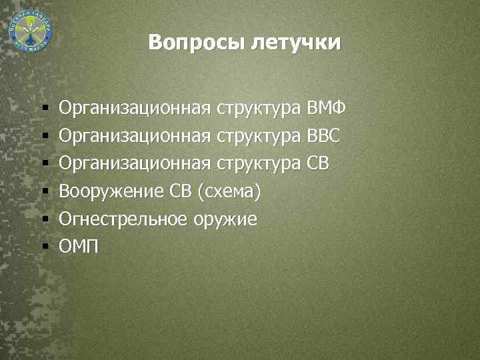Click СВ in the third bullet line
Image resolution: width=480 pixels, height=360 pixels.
[318, 163]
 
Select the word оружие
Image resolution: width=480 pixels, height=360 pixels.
[227, 219]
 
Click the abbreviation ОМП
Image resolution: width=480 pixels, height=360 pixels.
[78, 247]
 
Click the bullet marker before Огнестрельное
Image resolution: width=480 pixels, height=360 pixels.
[45, 220]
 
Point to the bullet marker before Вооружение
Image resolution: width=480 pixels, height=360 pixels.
[45, 192]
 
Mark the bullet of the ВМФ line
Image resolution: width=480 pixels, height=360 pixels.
[45, 108]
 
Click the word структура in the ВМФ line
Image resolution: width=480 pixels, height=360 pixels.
[260, 107]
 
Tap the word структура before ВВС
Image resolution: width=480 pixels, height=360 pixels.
[260, 135]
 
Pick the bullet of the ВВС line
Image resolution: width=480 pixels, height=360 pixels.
[45, 136]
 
